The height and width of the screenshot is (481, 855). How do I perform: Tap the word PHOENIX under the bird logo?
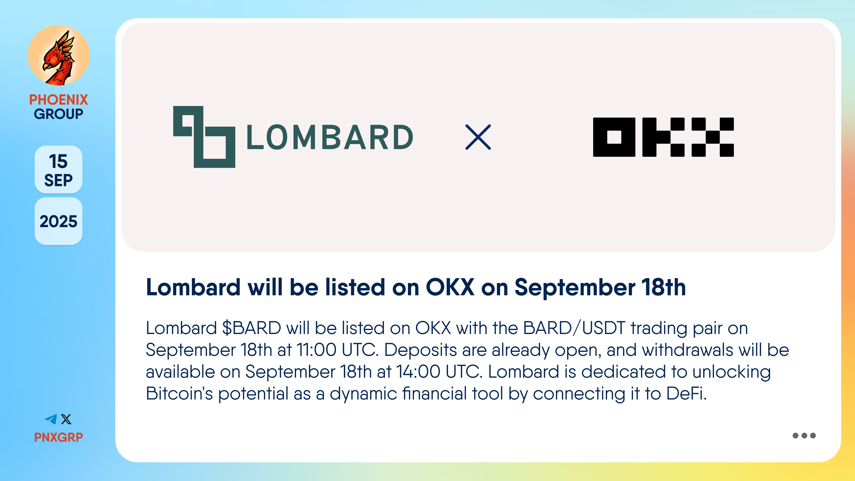tap(58, 100)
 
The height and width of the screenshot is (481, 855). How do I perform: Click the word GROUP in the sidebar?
tap(58, 114)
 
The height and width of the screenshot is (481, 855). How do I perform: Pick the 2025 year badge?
tap(58, 221)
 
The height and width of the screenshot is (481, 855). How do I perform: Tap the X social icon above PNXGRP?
tap(66, 419)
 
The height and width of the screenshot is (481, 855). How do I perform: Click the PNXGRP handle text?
tap(58, 437)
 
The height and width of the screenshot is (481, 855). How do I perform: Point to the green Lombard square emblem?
tap(204, 137)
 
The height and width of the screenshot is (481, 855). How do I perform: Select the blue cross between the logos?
tap(478, 137)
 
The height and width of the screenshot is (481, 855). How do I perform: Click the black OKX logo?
tap(663, 137)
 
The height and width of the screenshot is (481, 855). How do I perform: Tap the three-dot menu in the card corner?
tap(804, 436)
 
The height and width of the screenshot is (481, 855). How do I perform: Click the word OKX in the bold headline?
tap(450, 287)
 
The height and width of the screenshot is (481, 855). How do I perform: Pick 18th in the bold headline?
tap(664, 287)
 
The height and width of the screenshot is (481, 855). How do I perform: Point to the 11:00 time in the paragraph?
tap(316, 350)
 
